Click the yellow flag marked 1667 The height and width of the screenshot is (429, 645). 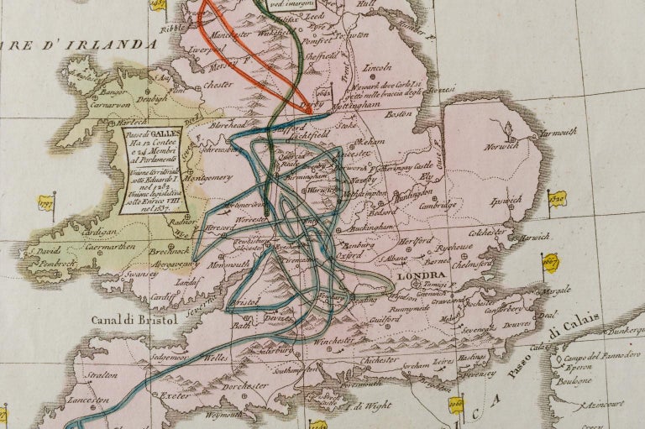tap(552, 259)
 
